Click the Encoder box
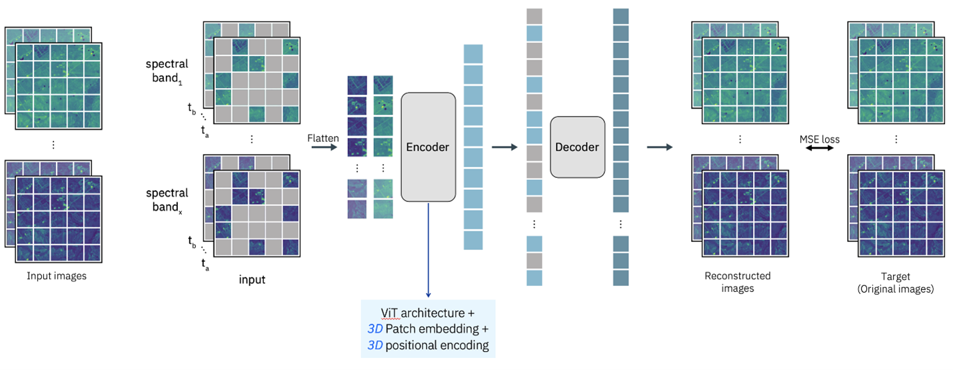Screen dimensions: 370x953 pos(428,147)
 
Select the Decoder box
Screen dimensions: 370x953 pos(577,147)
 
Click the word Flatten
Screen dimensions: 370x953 pos(323,138)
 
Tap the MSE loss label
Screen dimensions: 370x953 pos(820,139)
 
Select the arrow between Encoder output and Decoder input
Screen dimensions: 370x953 pos(504,147)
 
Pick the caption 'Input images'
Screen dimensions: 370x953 pos(57,276)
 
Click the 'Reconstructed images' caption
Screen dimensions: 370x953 pos(738,282)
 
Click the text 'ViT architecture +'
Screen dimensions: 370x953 pos(428,313)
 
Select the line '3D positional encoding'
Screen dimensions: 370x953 pos(428,345)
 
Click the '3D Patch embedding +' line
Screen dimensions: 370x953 pos(428,329)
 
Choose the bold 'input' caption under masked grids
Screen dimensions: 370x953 pos(252,279)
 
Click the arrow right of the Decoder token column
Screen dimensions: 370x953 pos(659,147)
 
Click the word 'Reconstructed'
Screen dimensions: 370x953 pos(738,276)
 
